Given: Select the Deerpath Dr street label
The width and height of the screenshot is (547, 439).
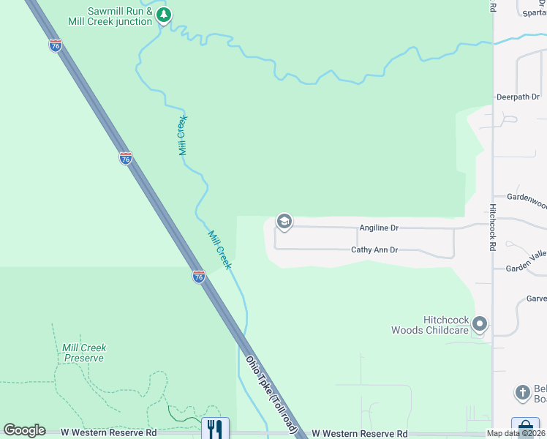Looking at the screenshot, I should click(517, 97).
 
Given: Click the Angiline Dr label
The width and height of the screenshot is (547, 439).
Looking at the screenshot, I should click(379, 228).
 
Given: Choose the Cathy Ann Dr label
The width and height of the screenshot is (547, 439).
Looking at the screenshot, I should click(374, 250).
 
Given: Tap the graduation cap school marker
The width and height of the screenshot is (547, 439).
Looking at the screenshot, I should click(284, 222).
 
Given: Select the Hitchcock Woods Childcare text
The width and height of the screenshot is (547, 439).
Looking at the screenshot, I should click(445, 325).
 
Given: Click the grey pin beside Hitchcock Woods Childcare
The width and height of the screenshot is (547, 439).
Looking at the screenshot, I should click(480, 323).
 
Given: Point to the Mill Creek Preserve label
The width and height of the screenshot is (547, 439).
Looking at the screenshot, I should click(84, 353).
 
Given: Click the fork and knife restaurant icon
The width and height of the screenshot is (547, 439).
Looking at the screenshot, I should click(214, 428).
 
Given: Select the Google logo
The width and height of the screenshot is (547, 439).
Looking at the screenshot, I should click(24, 430).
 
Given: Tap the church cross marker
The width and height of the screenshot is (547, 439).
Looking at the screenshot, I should click(522, 393).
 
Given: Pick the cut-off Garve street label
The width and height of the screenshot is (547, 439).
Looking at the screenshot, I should click(536, 299).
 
